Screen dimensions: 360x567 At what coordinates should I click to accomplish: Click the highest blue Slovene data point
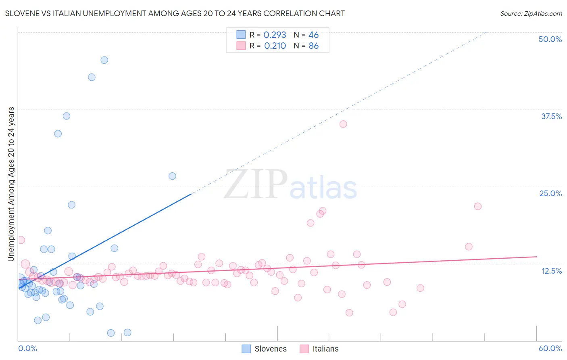point(104,60)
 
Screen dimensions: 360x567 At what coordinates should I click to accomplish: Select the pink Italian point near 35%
point(343,124)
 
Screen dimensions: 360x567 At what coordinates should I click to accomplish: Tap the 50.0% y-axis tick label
point(550,39)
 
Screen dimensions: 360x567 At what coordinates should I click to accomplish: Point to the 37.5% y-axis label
point(551,116)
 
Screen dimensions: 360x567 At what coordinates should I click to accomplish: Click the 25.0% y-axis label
point(550,193)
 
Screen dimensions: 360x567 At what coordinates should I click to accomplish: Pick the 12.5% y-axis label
point(551,271)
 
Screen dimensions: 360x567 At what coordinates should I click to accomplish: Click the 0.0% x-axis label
point(27,348)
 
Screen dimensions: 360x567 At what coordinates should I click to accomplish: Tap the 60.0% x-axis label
point(550,348)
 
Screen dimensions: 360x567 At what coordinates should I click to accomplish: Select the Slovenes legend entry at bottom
point(264,349)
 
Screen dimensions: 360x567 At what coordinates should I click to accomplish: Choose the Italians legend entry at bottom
point(319,349)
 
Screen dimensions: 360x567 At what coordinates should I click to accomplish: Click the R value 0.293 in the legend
point(275,35)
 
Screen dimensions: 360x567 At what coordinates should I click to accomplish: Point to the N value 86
point(313,46)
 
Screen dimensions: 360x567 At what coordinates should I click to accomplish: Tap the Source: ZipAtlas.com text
point(531,13)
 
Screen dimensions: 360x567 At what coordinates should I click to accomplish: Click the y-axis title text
point(11,184)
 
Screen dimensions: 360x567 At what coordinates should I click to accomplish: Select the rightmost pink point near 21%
point(478,206)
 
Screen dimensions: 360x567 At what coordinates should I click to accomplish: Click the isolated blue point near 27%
point(172,176)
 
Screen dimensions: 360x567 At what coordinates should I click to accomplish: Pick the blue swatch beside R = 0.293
point(241,35)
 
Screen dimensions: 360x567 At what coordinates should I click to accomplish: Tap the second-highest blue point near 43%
point(92,77)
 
